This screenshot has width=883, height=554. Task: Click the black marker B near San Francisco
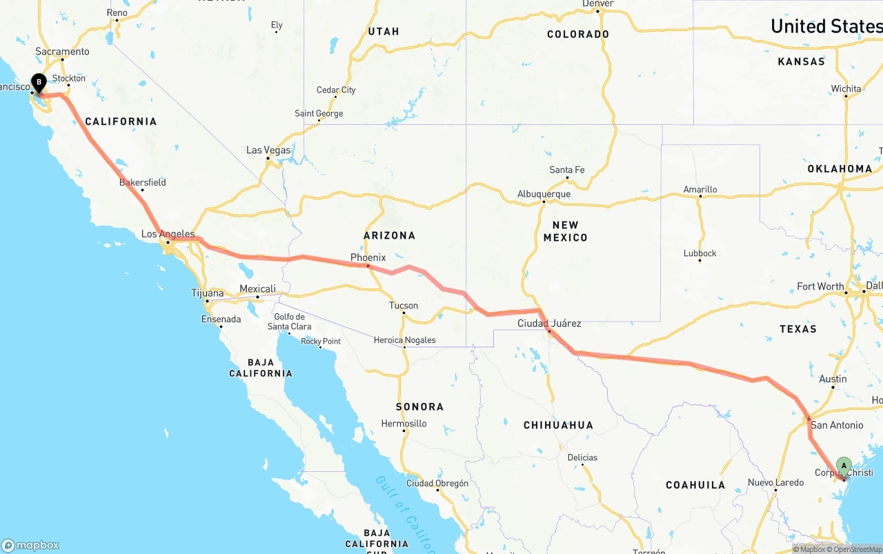tap(39, 83)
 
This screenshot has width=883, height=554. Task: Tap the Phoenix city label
tap(368, 257)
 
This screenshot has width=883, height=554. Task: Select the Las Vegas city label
tap(268, 150)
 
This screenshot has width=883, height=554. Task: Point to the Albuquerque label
tap(544, 194)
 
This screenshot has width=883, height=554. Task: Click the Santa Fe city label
tap(566, 170)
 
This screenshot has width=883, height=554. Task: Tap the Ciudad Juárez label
tap(549, 323)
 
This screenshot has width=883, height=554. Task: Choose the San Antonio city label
tap(836, 425)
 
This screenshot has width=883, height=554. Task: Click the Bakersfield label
tap(142, 182)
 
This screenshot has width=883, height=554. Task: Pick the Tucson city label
tap(403, 305)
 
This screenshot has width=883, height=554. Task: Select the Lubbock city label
tap(700, 253)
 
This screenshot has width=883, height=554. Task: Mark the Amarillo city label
tap(700, 189)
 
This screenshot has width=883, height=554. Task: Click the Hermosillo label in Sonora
tap(404, 423)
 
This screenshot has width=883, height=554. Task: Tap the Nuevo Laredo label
tap(775, 482)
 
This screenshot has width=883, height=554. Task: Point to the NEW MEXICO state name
tap(565, 231)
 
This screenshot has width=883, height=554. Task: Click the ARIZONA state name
tap(389, 235)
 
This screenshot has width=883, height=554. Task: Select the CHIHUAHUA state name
tap(558, 425)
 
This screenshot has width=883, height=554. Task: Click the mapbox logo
tap(30, 545)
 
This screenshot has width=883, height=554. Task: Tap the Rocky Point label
tap(320, 341)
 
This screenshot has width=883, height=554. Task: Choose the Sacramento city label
tap(62, 51)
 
